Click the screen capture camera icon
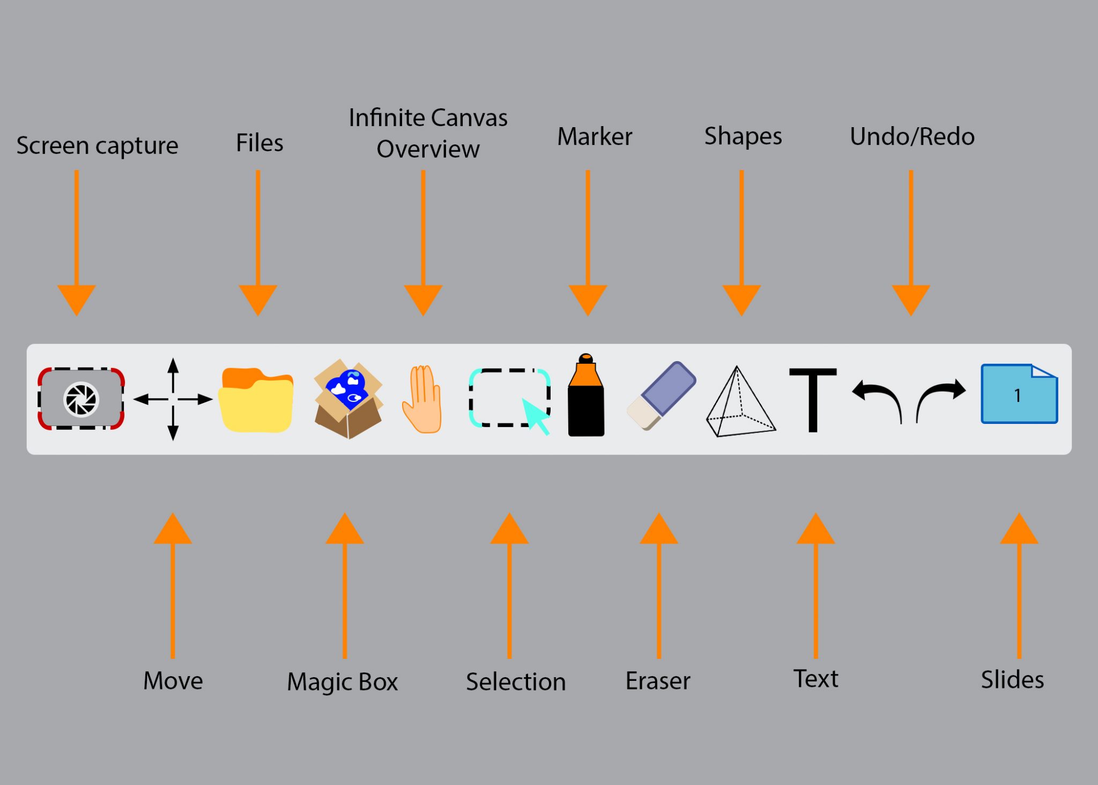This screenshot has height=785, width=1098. coord(81,399)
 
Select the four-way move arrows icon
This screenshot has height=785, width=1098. coord(173,399)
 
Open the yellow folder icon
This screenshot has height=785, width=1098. coord(257,400)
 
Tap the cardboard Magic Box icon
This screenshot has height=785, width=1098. coord(348,399)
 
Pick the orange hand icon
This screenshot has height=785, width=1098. coord(422,400)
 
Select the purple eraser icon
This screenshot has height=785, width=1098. coord(662,396)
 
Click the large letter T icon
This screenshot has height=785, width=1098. coord(813,399)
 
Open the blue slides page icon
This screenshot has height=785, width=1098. coord(1019,394)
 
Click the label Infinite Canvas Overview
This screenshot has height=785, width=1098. coord(428,133)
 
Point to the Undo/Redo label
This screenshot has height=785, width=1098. coord(912,136)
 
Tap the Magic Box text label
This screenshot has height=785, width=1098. coord(343,681)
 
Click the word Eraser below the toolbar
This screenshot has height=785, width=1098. coord(658,681)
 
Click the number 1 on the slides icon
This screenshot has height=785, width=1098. coord(1017,395)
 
